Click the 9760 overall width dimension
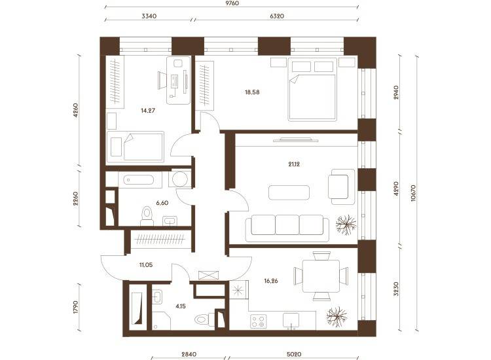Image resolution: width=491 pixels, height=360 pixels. (x=232, y=3)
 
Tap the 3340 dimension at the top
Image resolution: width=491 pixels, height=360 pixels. (x=149, y=16)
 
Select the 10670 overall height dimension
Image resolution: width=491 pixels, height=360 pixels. (x=413, y=192)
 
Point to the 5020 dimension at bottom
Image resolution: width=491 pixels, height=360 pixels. (x=294, y=354)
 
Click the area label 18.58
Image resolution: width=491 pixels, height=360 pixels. (x=252, y=92)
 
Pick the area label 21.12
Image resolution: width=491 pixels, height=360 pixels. (x=294, y=164)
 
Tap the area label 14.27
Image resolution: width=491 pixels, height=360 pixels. (x=148, y=111)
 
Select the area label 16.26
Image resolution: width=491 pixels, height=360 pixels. (x=271, y=281)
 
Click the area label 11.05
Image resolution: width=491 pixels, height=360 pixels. (x=146, y=265)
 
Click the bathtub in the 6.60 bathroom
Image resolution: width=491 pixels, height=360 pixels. (x=138, y=180)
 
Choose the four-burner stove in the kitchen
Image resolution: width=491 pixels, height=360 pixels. (x=259, y=321)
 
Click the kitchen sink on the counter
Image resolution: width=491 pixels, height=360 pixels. (x=291, y=321)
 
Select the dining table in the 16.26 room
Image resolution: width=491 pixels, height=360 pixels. (x=321, y=276)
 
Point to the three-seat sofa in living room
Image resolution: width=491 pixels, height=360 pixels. (x=287, y=228)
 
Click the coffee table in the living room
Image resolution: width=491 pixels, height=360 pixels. (x=289, y=192)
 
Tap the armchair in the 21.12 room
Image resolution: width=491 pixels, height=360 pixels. (x=341, y=187)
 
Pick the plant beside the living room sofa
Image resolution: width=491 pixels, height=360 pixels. (x=346, y=225)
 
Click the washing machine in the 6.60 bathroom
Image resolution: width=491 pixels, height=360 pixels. (x=180, y=179)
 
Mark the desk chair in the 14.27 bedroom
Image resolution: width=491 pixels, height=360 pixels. (x=162, y=80)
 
